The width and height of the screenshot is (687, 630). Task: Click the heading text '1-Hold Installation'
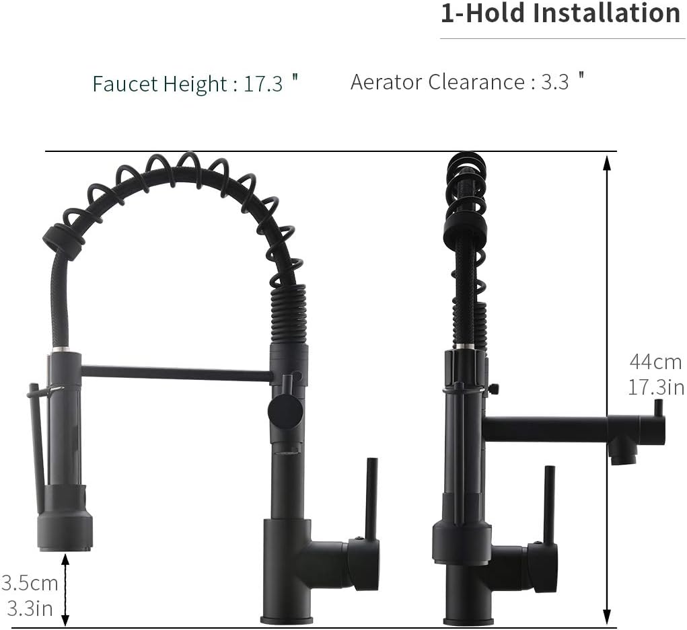point(561,13)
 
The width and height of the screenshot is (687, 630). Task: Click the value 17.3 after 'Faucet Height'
point(263,83)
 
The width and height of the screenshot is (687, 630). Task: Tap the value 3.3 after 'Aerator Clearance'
point(555,82)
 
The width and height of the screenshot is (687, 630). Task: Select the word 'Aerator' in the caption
point(386,82)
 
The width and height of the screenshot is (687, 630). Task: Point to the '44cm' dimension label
point(655,362)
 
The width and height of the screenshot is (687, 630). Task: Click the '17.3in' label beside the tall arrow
point(656,387)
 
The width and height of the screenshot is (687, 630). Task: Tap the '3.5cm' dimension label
point(30,583)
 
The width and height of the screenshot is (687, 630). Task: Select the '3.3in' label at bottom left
point(30,608)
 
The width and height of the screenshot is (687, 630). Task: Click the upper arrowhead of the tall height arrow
point(606,163)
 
